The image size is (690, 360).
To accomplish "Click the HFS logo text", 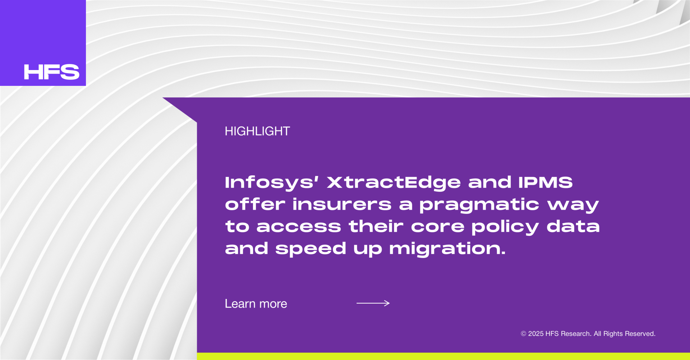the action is (x=51, y=72).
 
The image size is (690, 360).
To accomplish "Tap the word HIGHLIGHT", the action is (x=257, y=131).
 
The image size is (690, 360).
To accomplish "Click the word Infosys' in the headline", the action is (x=272, y=183).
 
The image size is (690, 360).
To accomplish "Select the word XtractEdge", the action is (x=394, y=183).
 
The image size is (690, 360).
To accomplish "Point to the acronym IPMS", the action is (x=546, y=182).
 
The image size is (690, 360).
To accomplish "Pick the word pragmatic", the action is (x=479, y=205).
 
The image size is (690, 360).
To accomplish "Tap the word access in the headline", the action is (x=299, y=227).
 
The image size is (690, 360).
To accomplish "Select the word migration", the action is (x=447, y=248).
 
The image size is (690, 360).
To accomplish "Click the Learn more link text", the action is (x=256, y=304).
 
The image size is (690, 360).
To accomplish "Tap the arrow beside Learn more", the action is (x=373, y=303).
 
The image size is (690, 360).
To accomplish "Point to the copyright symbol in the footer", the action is (x=524, y=334).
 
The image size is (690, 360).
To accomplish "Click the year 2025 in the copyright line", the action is (x=536, y=334).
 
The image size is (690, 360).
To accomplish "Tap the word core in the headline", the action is (x=437, y=227).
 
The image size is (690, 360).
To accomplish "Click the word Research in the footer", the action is (x=576, y=334).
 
